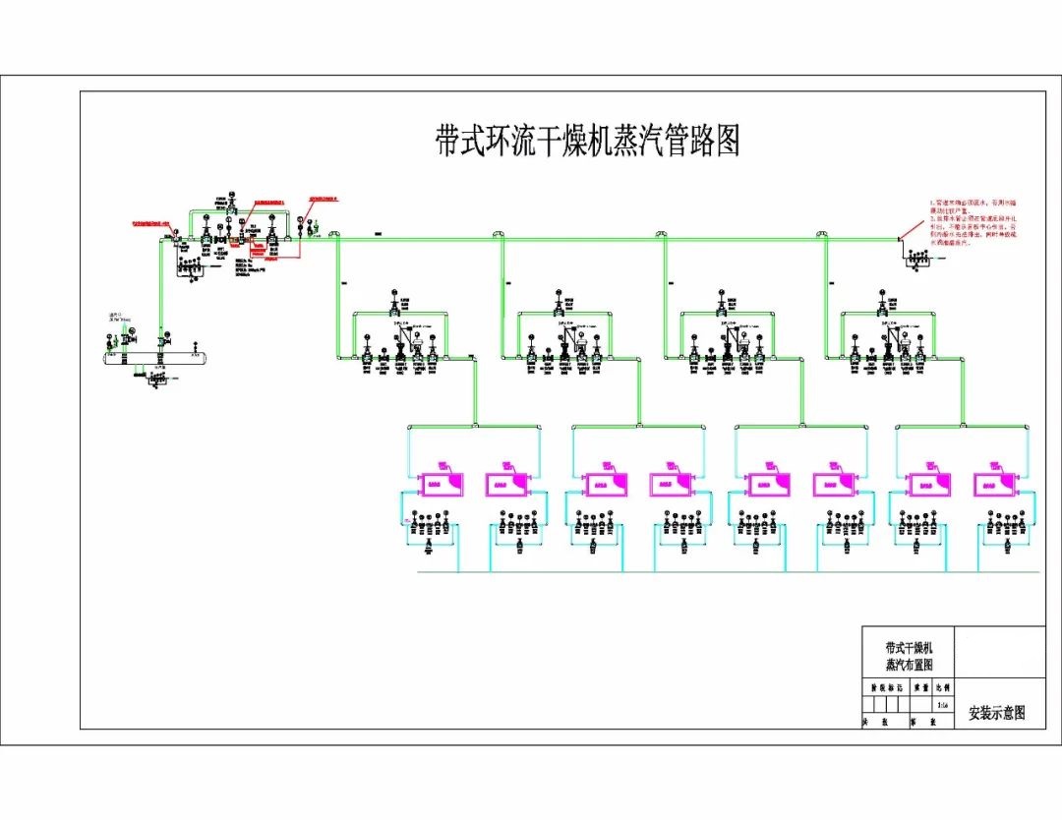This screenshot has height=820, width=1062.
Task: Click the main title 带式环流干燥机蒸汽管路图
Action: (587, 141)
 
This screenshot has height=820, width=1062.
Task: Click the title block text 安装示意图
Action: (996, 713)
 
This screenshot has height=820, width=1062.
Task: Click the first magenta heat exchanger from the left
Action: (432, 484)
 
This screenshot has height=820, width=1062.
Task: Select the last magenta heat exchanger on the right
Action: (994, 484)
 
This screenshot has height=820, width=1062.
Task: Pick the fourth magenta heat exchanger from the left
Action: (670, 484)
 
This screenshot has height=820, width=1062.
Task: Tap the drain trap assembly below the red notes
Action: (920, 259)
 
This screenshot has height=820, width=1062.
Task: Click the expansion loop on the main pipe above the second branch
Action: (499, 235)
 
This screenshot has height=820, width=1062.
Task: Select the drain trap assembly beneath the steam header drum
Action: (152, 380)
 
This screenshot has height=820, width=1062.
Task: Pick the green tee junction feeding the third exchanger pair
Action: (800, 426)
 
